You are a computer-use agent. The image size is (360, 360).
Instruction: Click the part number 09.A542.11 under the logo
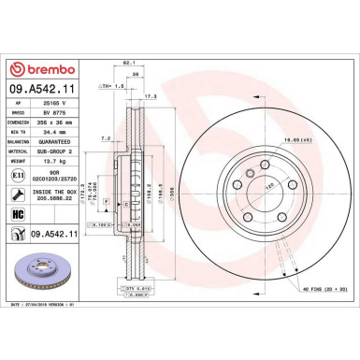pos(45,90)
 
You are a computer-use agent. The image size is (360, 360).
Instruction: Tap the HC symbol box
pos(18,213)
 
